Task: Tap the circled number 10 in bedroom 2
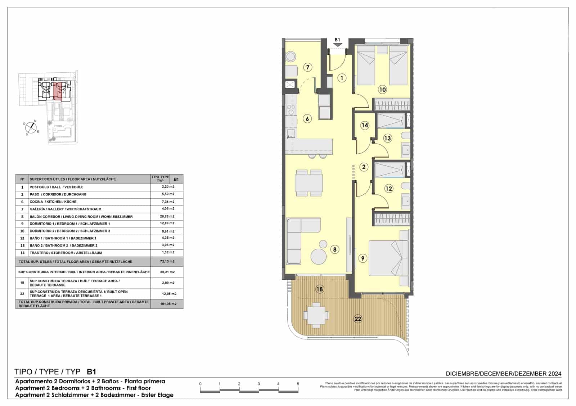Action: pos(382,90)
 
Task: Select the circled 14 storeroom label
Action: pos(365,125)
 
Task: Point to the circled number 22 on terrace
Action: pos(357,319)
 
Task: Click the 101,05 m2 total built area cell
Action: pos(168,304)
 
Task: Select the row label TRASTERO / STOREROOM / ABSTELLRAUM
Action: pos(66,253)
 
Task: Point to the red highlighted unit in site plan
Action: pos(58,91)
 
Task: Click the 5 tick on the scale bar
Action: pos(298,384)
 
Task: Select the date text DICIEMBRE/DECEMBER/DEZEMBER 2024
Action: pos(503,374)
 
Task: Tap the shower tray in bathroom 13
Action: pos(391,121)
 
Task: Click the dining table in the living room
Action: pos(309,182)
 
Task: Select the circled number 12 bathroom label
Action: pos(388,188)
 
